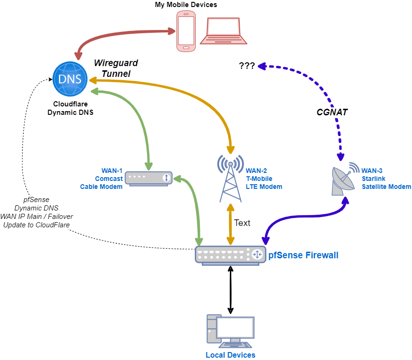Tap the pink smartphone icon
click(x=186, y=31)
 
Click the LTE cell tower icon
click(x=230, y=178)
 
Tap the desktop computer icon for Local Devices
click(x=230, y=333)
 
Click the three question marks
click(x=247, y=66)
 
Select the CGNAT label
click(x=332, y=112)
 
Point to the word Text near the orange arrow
click(x=242, y=223)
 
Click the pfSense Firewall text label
click(x=303, y=255)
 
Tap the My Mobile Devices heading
click(x=186, y=5)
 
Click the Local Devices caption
click(x=230, y=355)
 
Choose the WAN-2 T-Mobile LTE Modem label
click(x=264, y=179)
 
